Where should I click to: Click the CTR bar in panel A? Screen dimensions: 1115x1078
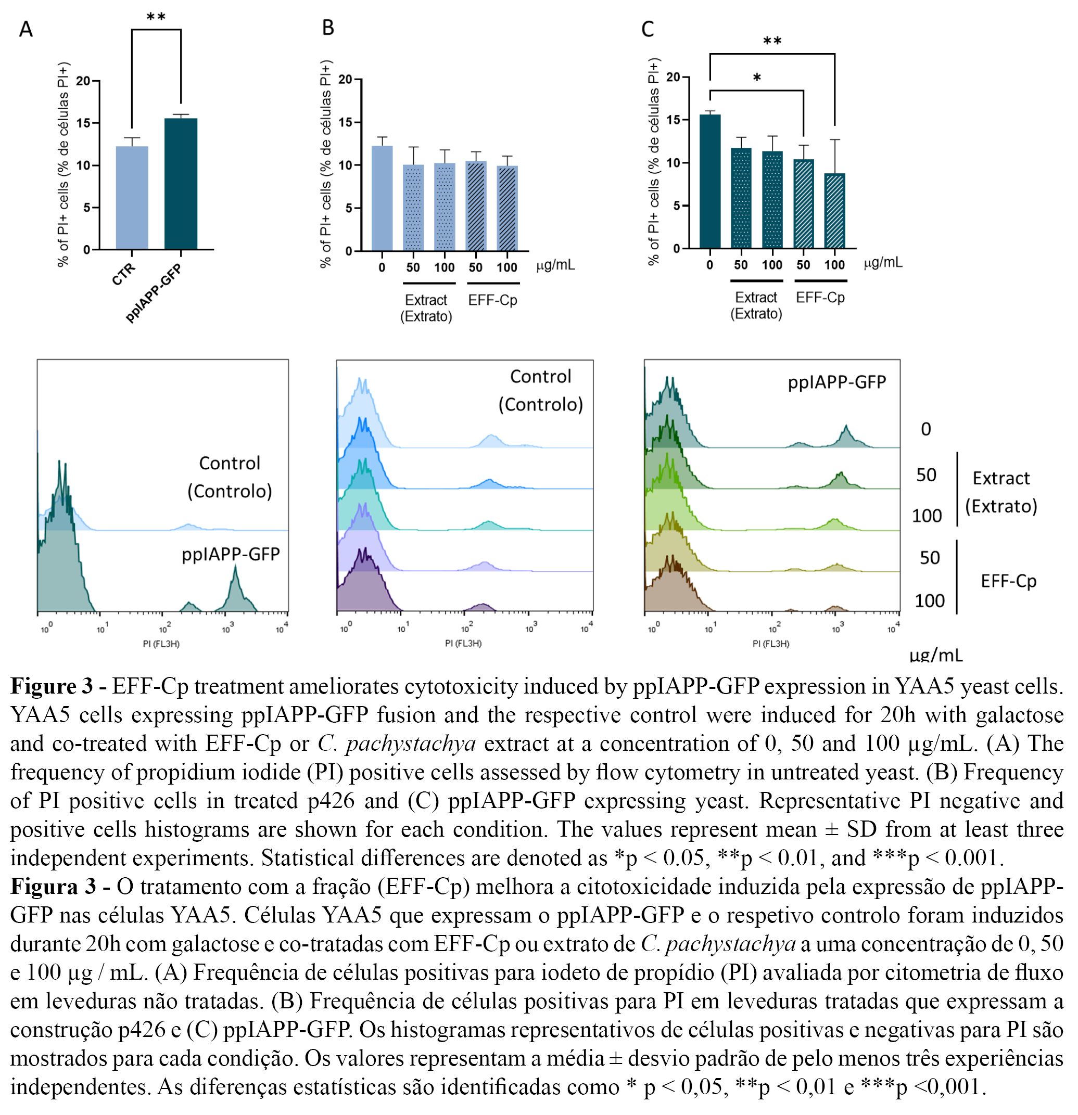coord(132,197)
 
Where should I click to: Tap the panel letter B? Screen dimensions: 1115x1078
coord(328,27)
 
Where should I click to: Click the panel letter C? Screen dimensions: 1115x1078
coord(647,29)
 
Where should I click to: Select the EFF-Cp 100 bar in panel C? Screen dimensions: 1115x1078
coord(834,211)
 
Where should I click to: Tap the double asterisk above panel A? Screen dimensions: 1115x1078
coord(156,18)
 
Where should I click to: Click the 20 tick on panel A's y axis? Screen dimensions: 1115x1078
coord(84,81)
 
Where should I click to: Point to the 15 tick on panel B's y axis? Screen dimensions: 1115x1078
coord(345,122)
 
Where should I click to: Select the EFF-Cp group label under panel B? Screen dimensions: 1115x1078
coord(492,300)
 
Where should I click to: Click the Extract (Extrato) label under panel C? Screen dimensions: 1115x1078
coord(756,305)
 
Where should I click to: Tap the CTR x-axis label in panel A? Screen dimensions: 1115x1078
coord(123,274)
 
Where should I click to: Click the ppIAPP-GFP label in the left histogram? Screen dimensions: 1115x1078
coord(231,554)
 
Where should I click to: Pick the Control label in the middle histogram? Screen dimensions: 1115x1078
coord(540,377)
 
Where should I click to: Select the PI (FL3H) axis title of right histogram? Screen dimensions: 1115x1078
coord(771,644)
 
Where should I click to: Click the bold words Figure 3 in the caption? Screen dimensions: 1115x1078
coord(51,687)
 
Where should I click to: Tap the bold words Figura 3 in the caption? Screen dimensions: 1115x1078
coord(53,886)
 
